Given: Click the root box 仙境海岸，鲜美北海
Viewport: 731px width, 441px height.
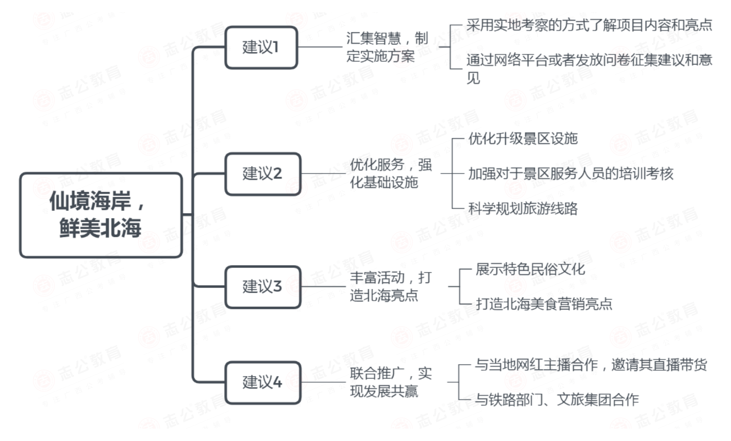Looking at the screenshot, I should pyautogui.click(x=101, y=215).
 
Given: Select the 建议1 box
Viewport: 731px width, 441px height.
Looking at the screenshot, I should pyautogui.click(x=261, y=48).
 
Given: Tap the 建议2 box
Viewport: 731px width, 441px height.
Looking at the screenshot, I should pyautogui.click(x=263, y=174).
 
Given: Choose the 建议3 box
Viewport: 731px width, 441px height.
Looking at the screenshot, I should pyautogui.click(x=263, y=287).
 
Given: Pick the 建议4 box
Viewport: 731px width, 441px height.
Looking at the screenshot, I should pyautogui.click(x=263, y=382).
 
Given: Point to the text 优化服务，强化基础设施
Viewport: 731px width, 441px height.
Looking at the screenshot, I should pyautogui.click(x=391, y=174).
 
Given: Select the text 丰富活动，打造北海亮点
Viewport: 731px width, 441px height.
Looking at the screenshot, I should pyautogui.click(x=391, y=287).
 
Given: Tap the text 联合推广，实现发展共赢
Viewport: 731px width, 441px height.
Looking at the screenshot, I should pyautogui.click(x=391, y=382).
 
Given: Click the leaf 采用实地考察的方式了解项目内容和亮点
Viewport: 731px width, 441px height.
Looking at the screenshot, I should pyautogui.click(x=589, y=25).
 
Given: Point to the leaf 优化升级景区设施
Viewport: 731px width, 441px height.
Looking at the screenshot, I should pyautogui.click(x=523, y=139).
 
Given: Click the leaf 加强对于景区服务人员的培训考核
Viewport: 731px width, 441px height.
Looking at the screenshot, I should pyautogui.click(x=571, y=174).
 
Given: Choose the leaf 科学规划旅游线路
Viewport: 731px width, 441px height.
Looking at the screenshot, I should pyautogui.click(x=523, y=208).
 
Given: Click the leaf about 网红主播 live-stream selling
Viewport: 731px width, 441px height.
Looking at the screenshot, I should pyautogui.click(x=591, y=365).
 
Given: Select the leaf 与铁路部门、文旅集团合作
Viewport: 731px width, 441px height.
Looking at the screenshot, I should pyautogui.click(x=557, y=400).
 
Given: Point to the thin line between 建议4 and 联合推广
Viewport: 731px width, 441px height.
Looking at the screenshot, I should pyautogui.click(x=323, y=382).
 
